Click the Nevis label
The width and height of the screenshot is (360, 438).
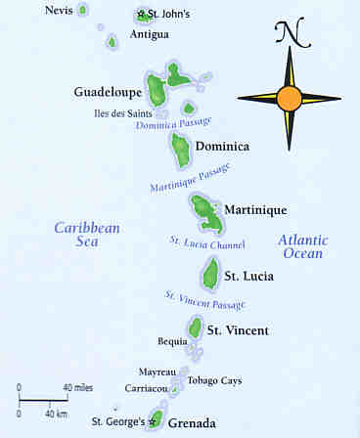pos(58,10)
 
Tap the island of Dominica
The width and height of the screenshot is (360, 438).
pos(181,150)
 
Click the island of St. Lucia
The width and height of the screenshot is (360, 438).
pos(210,273)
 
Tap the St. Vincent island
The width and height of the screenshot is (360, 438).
pos(196,328)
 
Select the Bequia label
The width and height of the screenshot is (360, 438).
pos(171,341)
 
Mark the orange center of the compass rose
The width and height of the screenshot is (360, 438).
pos(289,98)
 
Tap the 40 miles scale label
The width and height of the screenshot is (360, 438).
pos(78,388)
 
